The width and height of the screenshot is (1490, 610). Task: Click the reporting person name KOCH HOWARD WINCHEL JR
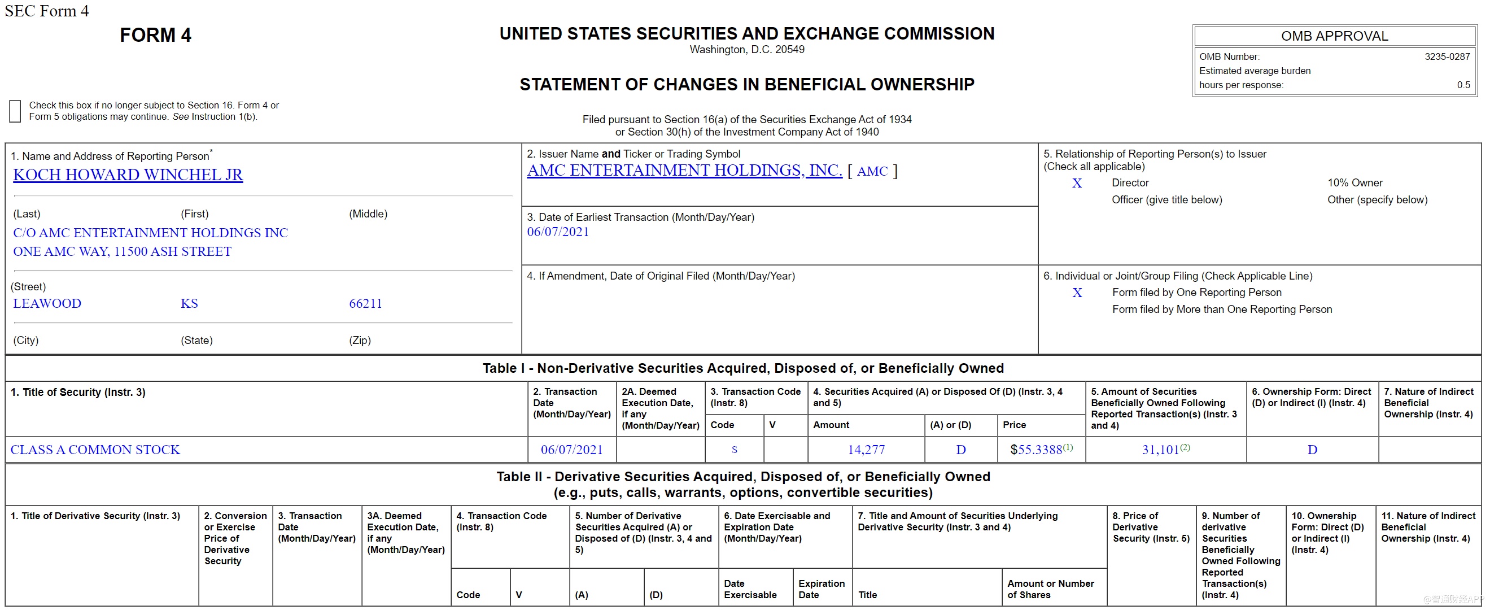[128, 175]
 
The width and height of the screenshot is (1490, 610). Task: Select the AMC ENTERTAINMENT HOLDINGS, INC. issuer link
[684, 170]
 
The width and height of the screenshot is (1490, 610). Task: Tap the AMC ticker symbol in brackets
[872, 171]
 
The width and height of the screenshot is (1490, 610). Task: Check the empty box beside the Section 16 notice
[15, 111]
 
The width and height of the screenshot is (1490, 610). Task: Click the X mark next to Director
[1077, 184]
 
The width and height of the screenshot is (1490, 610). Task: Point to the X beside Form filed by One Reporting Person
[1077, 293]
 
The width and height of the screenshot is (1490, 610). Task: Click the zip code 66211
[365, 304]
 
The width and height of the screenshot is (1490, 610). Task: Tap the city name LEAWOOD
[47, 304]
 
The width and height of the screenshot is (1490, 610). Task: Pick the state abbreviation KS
[189, 304]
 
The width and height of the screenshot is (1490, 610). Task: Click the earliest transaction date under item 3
[558, 232]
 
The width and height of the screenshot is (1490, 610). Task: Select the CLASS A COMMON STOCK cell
[95, 450]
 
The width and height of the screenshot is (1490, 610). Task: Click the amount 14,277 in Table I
[866, 450]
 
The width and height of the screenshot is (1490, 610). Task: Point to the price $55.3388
[1036, 450]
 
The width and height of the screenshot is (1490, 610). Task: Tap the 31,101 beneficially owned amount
[1160, 450]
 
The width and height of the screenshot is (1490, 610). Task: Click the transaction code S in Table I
[734, 450]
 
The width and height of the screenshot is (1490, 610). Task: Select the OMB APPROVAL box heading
[1334, 37]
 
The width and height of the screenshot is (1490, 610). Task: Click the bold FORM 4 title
[155, 36]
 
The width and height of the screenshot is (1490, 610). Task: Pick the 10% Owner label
[1354, 183]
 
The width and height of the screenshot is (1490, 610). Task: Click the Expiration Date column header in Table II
[821, 589]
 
